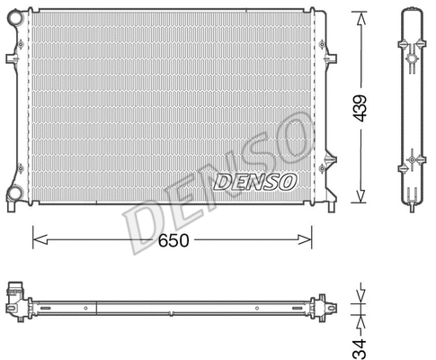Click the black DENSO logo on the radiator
(255, 182)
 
